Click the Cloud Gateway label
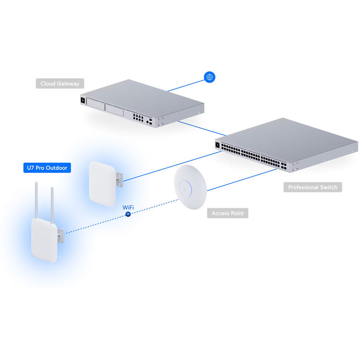point(60,84)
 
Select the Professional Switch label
point(312,187)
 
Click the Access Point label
point(228,213)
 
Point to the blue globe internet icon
point(209,77)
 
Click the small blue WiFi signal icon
point(128,214)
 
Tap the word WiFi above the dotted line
point(128,207)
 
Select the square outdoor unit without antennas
point(102,183)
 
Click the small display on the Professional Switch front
point(218,144)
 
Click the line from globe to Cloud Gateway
point(185,85)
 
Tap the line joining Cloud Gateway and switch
point(202,128)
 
